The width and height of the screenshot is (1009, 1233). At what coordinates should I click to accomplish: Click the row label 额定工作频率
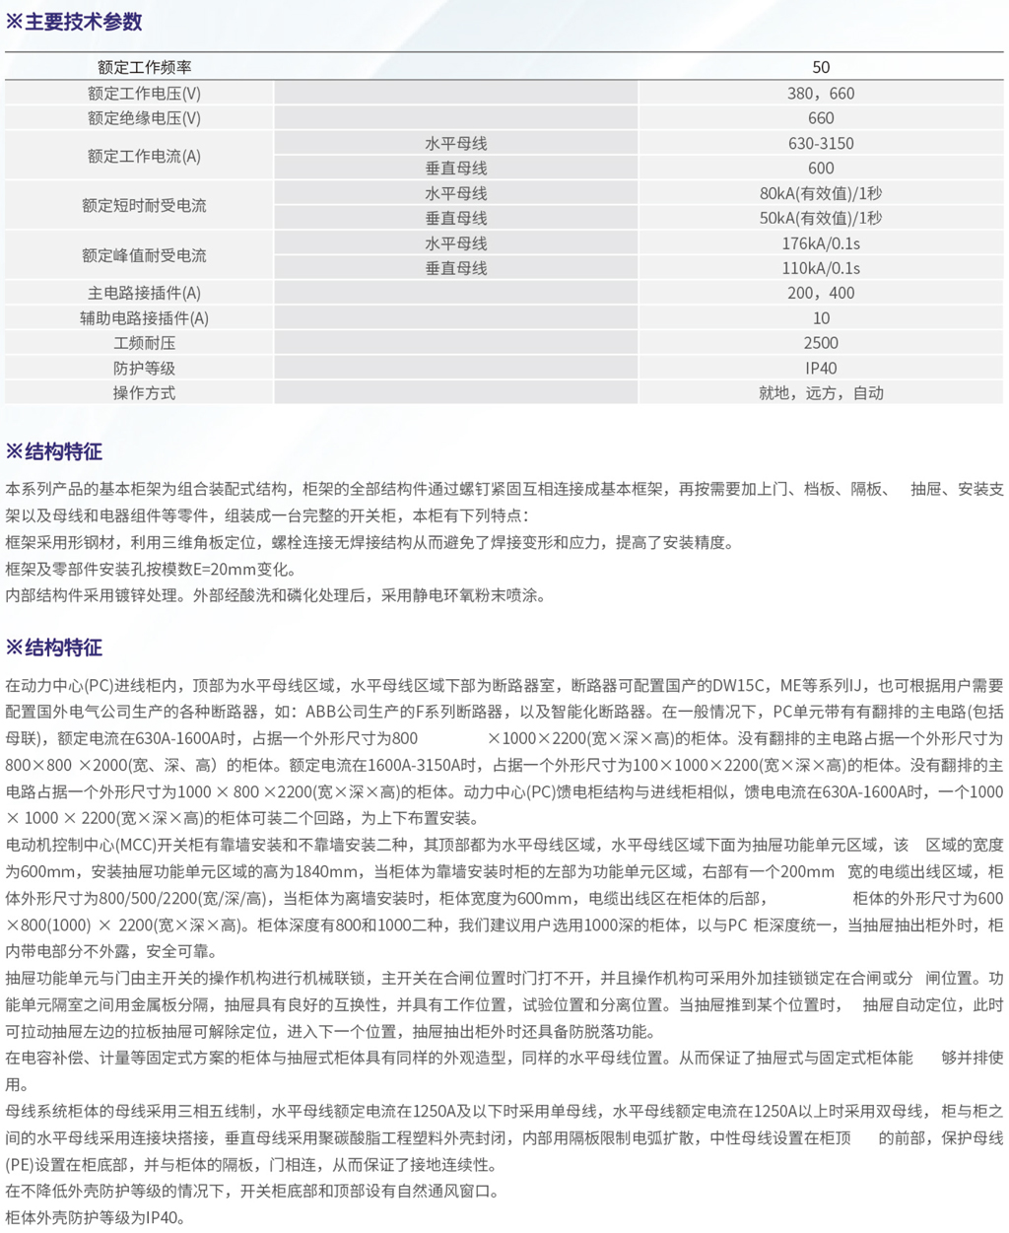[x=144, y=67]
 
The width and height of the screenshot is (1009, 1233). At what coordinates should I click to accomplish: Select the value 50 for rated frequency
[x=821, y=67]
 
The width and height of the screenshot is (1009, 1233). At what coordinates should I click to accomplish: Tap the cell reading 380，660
[x=821, y=94]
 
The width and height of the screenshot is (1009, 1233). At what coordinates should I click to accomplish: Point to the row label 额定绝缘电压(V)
[x=144, y=118]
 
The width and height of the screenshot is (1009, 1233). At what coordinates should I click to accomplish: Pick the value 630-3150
[x=821, y=143]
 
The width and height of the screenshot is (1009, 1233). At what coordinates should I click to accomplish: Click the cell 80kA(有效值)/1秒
[x=821, y=193]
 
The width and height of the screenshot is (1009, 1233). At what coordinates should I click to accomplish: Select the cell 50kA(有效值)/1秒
[x=821, y=218]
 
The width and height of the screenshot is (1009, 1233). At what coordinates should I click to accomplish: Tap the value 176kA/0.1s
[x=821, y=243]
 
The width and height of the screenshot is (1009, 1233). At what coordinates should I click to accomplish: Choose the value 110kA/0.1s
[x=821, y=268]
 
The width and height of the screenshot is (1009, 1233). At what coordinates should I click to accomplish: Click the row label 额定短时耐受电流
[x=144, y=206]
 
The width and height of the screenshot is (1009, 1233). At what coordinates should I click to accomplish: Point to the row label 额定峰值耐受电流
[x=144, y=255]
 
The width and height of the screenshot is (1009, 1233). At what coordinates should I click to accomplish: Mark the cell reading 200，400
[x=821, y=293]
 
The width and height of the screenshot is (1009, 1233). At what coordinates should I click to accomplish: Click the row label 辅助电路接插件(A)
[x=144, y=318]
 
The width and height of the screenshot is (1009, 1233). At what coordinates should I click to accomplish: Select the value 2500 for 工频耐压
[x=821, y=343]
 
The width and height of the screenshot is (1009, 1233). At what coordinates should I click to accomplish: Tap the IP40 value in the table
[x=821, y=368]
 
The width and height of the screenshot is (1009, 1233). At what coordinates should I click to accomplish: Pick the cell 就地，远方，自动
[x=821, y=393]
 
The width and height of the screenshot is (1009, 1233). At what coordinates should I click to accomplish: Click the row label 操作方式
[x=144, y=393]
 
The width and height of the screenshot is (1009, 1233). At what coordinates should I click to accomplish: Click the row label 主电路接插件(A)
[x=144, y=293]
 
